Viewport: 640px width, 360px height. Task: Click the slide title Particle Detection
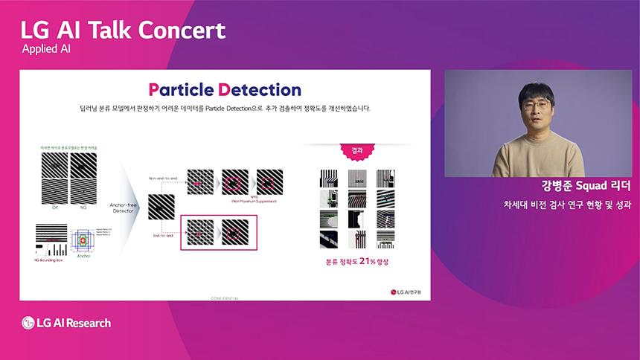225,90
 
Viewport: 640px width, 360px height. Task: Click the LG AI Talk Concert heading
123,30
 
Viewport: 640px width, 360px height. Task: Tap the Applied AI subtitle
51,50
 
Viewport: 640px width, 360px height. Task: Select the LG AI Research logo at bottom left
66,322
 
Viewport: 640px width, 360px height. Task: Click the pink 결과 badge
358,150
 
